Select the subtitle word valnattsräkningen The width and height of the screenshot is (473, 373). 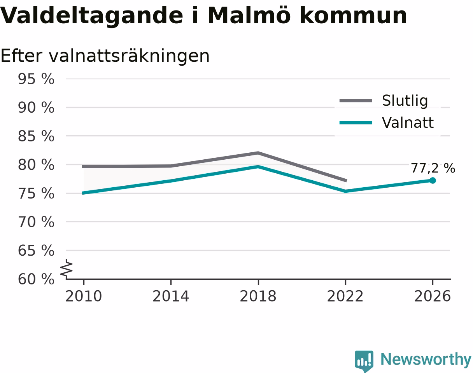tap(129, 56)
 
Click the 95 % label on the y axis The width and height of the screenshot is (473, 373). tap(36, 79)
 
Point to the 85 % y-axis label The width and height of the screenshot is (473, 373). tap(36, 136)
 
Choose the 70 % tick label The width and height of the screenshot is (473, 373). tap(36, 222)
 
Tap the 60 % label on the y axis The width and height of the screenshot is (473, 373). tap(36, 279)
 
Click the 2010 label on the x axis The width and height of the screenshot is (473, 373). tap(84, 296)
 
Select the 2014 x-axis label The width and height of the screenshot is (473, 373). tap(171, 296)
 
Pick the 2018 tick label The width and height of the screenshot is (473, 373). tap(258, 296)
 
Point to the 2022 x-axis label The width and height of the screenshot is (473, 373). tap(345, 296)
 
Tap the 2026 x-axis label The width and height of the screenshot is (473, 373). tap(432, 296)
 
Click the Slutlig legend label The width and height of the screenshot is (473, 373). tap(405, 101)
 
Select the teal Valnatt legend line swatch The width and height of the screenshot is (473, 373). tap(356, 123)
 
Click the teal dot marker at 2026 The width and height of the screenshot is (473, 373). tap(433, 180)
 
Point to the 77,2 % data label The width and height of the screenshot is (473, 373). tap(433, 168)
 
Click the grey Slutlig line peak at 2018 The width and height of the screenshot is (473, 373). tap(258, 153)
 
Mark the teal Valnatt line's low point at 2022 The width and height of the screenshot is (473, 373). tap(345, 191)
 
